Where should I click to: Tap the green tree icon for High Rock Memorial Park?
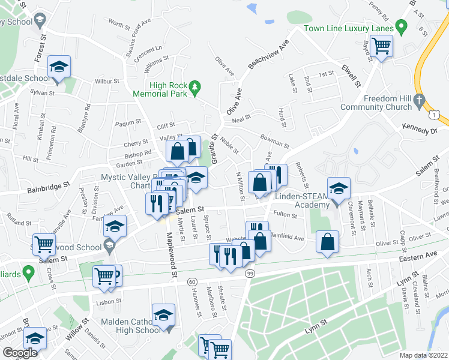[x=194, y=89]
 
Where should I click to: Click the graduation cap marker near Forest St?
[x=59, y=67]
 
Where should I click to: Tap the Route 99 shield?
[x=250, y=274]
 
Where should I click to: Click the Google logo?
[x=20, y=353]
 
